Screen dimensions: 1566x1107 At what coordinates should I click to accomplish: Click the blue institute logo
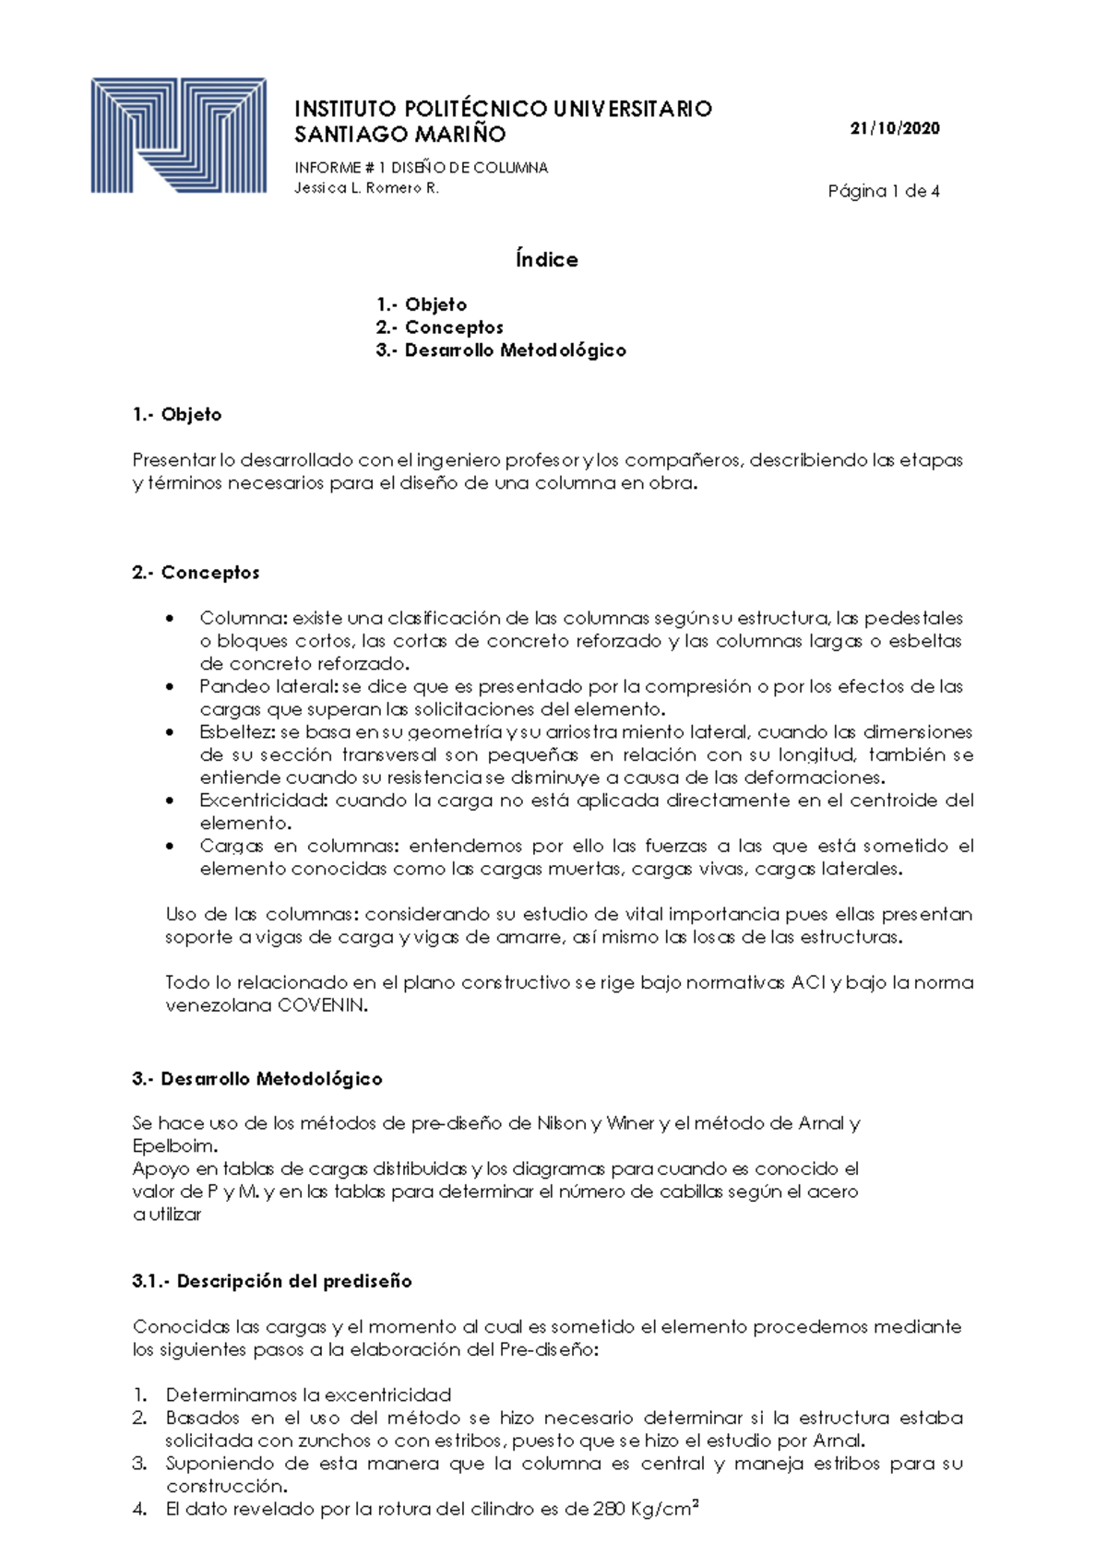178,136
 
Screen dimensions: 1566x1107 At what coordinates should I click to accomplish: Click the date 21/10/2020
894,128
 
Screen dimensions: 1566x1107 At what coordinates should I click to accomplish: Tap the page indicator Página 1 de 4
883,192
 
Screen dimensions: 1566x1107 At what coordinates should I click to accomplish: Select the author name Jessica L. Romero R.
366,188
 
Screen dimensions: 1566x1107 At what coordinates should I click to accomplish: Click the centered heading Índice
547,260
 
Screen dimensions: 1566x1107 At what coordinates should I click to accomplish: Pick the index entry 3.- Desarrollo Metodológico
501,350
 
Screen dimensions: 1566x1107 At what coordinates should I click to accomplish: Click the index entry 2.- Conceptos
439,327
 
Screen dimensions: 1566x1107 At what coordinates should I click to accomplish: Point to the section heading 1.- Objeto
177,415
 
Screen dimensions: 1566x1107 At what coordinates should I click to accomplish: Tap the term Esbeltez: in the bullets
237,732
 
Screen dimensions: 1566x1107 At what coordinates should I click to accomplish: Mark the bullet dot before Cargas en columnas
169,846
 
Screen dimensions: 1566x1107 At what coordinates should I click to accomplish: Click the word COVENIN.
322,1006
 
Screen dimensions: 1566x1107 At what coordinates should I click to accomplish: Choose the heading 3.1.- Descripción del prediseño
272,1281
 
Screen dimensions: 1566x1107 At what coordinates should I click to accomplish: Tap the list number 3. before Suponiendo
139,1464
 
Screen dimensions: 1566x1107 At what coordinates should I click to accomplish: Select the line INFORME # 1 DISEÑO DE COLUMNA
421,168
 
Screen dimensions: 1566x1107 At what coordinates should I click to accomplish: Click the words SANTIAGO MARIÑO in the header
399,135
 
